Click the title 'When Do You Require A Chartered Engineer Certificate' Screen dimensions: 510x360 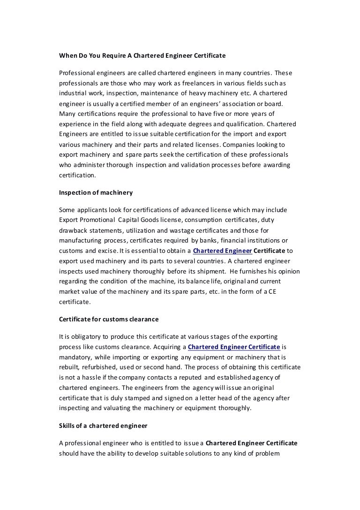142,55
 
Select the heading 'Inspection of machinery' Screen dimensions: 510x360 96,192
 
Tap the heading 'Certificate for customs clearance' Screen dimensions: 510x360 109,319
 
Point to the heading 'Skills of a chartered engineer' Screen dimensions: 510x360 103,426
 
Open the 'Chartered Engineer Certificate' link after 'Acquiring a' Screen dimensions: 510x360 234,347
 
